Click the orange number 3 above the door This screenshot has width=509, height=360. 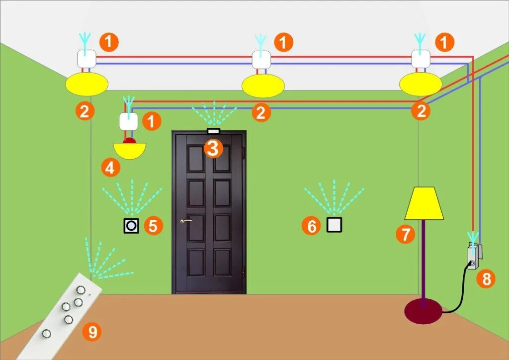tap(213, 148)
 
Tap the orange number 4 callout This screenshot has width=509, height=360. tap(110, 168)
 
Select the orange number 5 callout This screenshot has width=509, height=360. tap(153, 226)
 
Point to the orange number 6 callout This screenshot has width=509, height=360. tap(312, 226)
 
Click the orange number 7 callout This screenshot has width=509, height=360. tap(406, 234)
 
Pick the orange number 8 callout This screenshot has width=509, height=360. tap(486, 279)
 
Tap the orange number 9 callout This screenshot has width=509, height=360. tap(92, 331)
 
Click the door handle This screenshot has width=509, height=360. tap(186, 221)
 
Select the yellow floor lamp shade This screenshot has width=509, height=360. tap(424, 204)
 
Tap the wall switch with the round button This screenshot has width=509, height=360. tap(131, 226)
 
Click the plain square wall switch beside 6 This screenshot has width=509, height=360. tap(335, 225)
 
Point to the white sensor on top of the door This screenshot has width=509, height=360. tap(213, 131)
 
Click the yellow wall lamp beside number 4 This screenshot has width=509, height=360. tap(129, 150)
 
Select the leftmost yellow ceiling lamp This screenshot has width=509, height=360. tap(86, 83)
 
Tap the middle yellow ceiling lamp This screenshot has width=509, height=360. tap(263, 86)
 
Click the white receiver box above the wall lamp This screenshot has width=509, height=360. tap(128, 121)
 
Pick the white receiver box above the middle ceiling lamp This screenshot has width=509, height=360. tap(261, 60)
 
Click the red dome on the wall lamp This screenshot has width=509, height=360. tap(130, 141)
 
